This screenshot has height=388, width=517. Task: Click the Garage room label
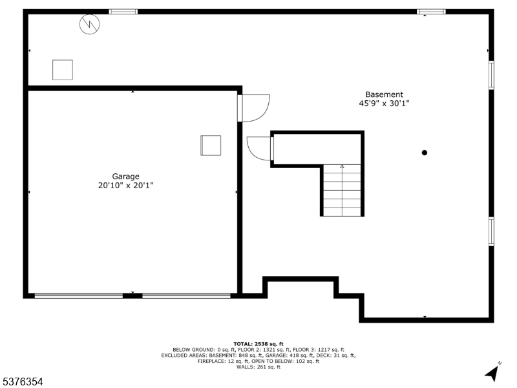coord(125,177)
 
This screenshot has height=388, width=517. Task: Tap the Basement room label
coord(384,94)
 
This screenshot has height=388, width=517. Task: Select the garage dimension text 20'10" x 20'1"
coord(125,186)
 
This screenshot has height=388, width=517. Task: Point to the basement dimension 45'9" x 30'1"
coord(384,103)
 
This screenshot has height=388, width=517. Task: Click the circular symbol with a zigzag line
coord(89,24)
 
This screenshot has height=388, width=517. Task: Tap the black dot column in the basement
coord(425,153)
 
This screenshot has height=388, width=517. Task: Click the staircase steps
coord(342,190)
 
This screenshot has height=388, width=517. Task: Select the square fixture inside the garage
coord(211,145)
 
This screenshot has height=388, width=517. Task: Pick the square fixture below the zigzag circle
coord(63,70)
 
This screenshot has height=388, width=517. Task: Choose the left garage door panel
coord(78,296)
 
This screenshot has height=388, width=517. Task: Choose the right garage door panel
coord(186,296)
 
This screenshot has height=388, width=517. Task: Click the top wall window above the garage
coord(123,12)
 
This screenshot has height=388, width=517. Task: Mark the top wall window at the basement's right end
coord(431,12)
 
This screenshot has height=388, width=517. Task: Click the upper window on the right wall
coord(491,75)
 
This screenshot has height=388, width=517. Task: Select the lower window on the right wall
coord(491,232)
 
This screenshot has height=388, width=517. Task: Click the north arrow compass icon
coord(492,372)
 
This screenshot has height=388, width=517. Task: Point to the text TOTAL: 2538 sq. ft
coord(258,344)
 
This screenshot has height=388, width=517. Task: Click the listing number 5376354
coord(21,382)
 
